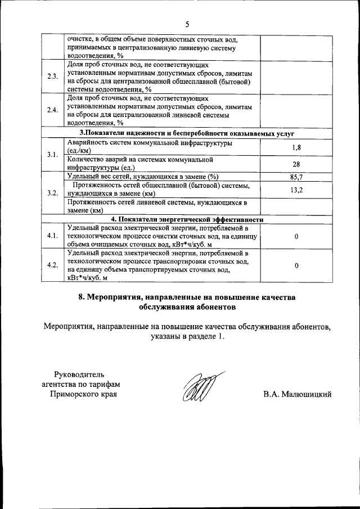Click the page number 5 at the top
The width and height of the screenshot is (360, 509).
click(188, 24)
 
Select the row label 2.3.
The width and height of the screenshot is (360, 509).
click(52, 76)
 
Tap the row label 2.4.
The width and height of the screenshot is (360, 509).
click(52, 110)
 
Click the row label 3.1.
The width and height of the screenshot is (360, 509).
click(52, 155)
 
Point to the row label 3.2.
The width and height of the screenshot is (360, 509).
click(52, 193)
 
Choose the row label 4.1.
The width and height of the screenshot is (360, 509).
click(52, 236)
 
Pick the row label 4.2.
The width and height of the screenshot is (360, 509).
click(52, 265)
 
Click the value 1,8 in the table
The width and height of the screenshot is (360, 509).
click(297, 147)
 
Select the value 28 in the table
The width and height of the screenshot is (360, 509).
click(296, 164)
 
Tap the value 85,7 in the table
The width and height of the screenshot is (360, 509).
click(297, 177)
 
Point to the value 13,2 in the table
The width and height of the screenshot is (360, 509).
click(297, 190)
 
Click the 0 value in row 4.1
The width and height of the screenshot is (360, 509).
click(296, 237)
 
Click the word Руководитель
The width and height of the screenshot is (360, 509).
click(79, 374)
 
